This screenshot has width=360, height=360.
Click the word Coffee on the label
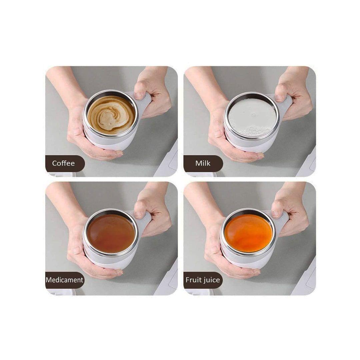click(63, 163)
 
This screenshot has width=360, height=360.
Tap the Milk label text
click(203, 163)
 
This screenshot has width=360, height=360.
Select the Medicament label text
click(64, 280)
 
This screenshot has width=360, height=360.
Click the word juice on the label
click(211, 280)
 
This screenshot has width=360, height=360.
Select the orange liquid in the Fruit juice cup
click(249, 233)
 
